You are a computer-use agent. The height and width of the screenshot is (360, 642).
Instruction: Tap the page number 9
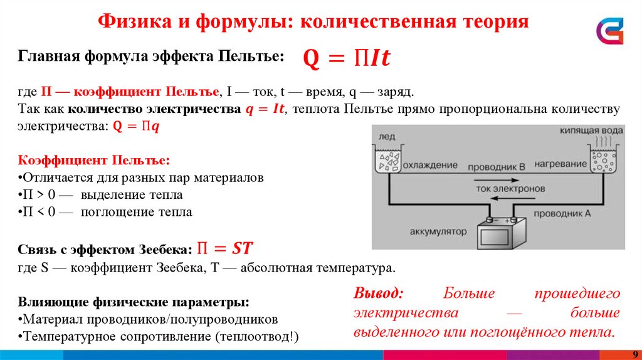[634, 354]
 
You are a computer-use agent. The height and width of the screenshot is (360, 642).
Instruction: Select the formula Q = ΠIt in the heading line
[347, 58]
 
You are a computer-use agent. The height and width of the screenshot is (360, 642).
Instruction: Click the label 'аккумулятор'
[439, 231]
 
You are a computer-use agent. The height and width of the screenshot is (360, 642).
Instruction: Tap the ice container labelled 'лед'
[389, 161]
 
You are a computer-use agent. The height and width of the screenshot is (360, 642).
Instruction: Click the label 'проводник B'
[497, 166]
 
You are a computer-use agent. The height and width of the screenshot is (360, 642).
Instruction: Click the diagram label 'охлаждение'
[430, 166]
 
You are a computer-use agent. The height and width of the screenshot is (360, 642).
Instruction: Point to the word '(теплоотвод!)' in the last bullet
[257, 336]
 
